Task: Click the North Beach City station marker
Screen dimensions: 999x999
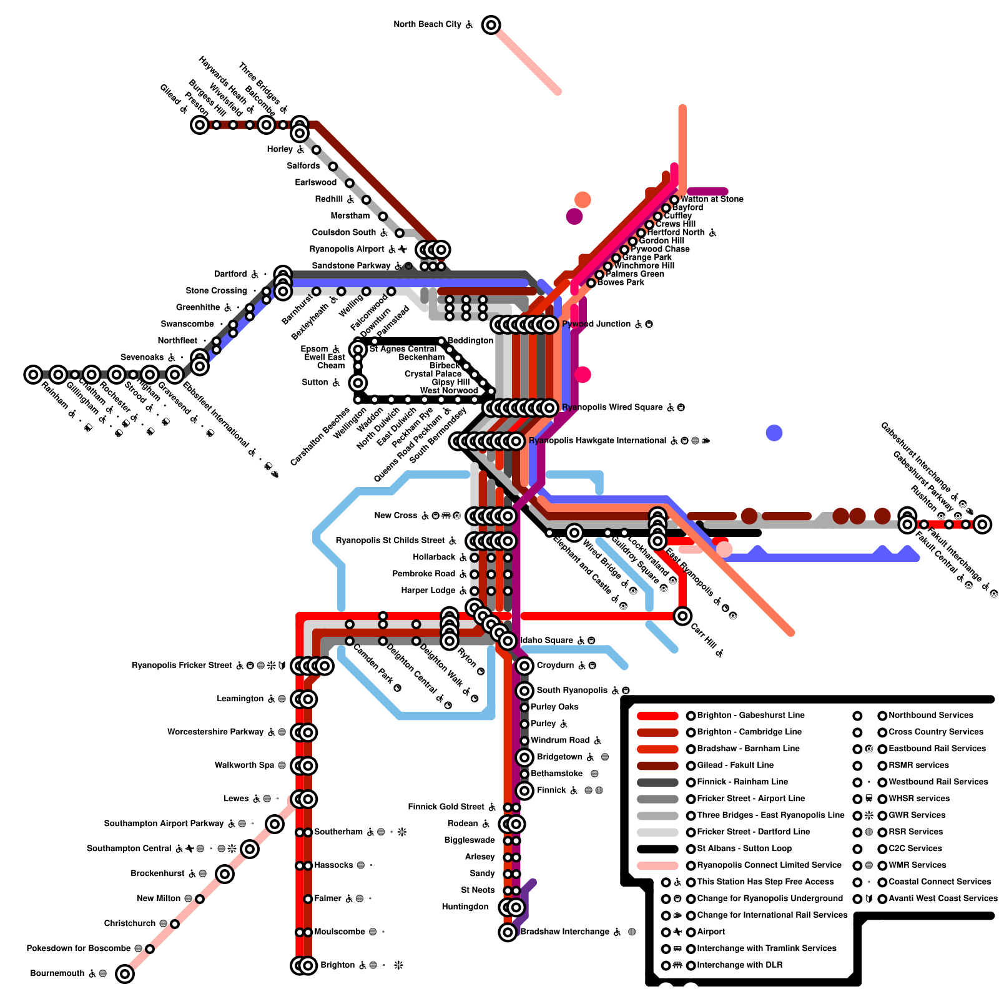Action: tap(491, 25)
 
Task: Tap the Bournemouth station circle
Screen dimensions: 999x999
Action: tap(125, 973)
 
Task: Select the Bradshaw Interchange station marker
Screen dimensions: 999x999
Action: tap(508, 932)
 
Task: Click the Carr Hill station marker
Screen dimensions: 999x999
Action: tap(682, 616)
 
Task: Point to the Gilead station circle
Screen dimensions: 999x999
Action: tap(199, 125)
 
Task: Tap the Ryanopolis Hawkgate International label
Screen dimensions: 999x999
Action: tap(598, 441)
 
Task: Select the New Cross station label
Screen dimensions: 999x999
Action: tap(396, 516)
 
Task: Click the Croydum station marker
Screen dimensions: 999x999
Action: tap(524, 666)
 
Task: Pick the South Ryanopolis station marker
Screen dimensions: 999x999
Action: tap(524, 691)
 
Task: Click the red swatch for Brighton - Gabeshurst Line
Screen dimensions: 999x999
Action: tap(657, 716)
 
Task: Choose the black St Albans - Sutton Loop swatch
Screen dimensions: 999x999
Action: tap(657, 849)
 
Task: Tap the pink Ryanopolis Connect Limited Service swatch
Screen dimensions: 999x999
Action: tap(657, 865)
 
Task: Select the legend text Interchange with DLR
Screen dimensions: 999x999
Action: tap(739, 965)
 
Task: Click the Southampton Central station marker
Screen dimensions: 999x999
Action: tap(250, 849)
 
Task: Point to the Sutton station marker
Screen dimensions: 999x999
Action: tap(358, 383)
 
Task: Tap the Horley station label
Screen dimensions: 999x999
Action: tap(280, 150)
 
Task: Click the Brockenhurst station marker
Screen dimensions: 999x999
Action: tap(225, 874)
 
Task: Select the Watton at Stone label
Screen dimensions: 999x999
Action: tap(712, 199)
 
